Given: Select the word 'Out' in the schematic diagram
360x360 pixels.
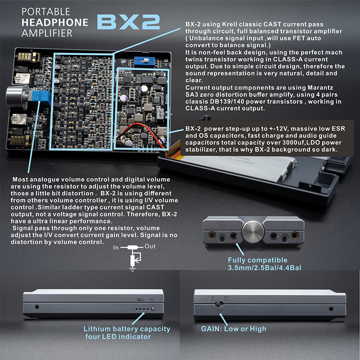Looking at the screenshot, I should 150,247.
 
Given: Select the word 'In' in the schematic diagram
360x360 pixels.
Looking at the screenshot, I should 116,247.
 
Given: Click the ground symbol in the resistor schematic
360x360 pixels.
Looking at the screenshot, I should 133,269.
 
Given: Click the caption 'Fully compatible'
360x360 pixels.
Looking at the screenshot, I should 257,260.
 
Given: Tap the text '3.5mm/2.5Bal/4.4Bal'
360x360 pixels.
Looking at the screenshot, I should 264,268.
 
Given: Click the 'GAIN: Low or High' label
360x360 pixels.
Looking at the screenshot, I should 233,328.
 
